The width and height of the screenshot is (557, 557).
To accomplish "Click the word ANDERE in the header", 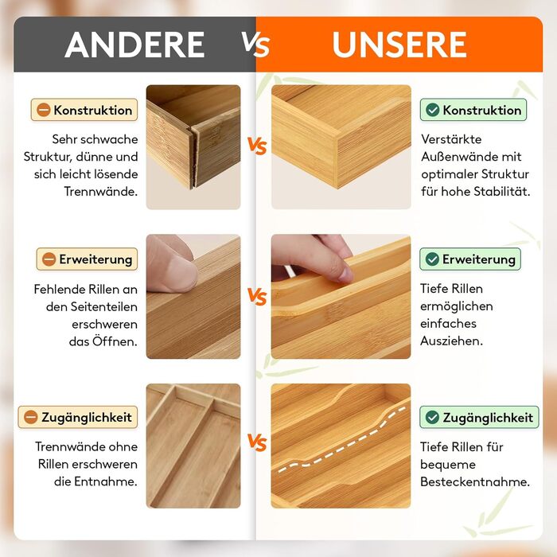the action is point(134,45).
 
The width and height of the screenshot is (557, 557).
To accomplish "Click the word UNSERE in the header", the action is point(399,45).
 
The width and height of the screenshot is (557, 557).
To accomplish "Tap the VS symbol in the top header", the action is point(255,44).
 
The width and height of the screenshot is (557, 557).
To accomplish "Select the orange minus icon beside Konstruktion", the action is point(44,110).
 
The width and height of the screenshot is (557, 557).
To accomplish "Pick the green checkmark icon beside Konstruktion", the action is point(432,110).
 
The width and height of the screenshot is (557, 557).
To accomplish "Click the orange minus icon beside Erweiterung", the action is point(49,259).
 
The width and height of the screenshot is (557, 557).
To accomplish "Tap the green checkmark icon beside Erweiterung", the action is point(432,259).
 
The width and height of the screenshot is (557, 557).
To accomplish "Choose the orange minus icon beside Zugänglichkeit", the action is point(31,417).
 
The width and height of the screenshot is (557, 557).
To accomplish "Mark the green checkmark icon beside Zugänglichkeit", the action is point(432,417).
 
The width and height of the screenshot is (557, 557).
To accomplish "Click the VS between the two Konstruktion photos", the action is point(257,146).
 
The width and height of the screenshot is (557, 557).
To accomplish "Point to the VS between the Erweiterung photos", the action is point(257,296).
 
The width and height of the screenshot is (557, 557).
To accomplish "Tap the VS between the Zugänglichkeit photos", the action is point(257,442).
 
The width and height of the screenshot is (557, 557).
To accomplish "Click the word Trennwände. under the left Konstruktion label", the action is point(100,192).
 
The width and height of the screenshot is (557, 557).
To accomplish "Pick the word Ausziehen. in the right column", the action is point(451,341).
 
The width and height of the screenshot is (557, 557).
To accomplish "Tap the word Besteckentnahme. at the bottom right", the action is point(475,481).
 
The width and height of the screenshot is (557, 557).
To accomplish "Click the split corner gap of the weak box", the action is point(194,157).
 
